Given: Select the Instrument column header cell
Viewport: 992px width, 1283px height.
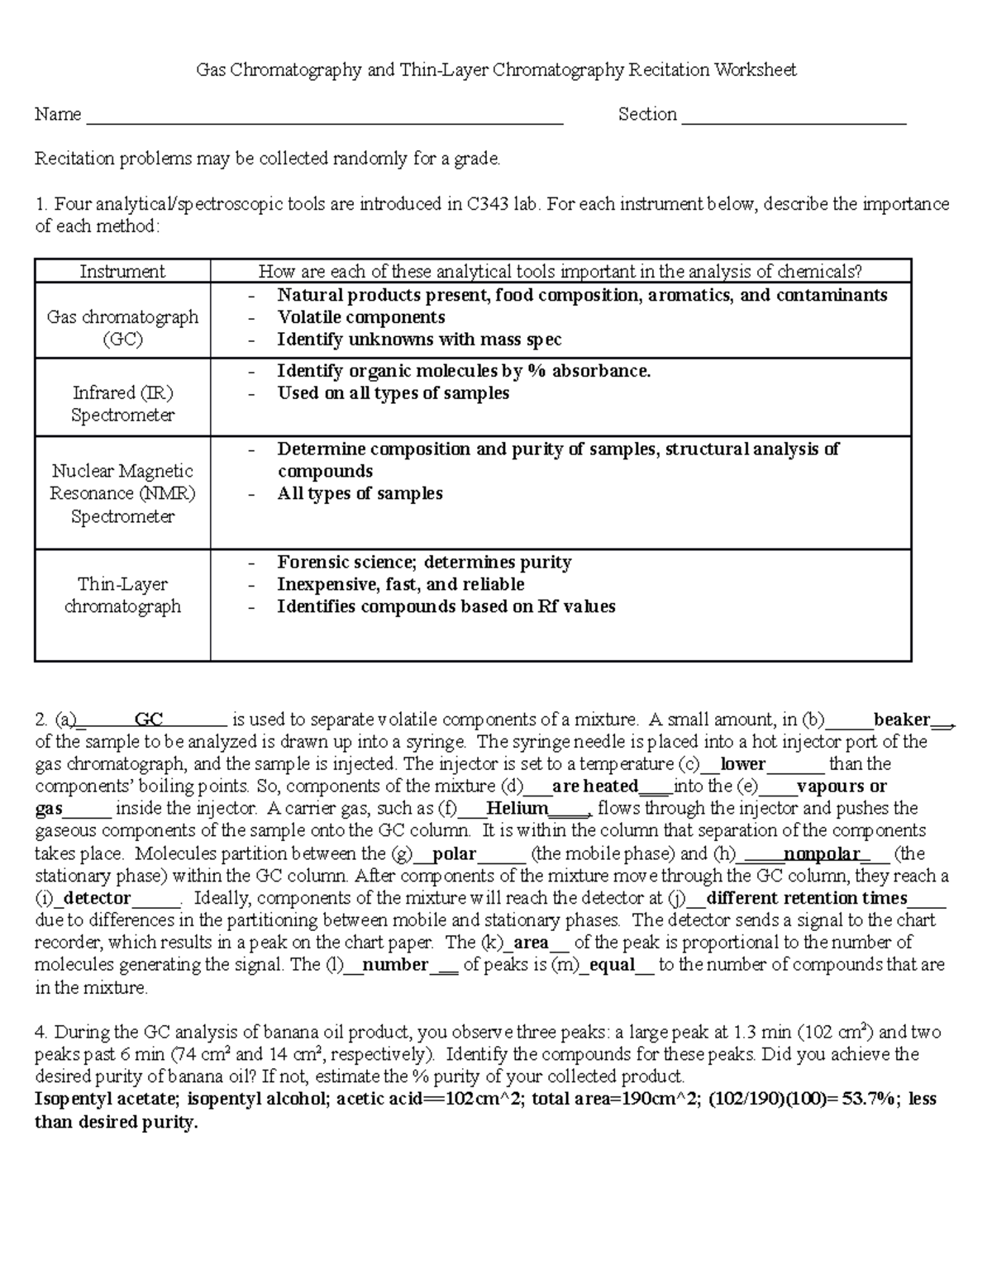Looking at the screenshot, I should [x=122, y=272].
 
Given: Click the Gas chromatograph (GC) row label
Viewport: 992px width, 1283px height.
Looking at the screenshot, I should [x=122, y=328].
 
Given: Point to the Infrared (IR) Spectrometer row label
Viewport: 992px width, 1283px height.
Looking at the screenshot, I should [x=122, y=404].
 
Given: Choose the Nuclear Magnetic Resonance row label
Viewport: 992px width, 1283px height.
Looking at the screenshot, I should [x=122, y=493].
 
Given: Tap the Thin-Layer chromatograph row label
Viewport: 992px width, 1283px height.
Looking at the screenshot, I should [x=122, y=595].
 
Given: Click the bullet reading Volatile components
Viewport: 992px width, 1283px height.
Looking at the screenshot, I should [x=361, y=317].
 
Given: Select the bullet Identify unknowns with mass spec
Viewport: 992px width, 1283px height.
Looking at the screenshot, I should [x=419, y=340].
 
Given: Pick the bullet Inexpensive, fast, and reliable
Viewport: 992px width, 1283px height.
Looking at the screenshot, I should [x=401, y=584].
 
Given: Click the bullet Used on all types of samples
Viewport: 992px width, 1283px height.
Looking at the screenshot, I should [x=393, y=393].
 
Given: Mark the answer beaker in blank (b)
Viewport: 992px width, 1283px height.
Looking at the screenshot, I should [x=902, y=719].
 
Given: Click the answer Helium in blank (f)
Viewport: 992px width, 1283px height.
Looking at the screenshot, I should [x=517, y=808].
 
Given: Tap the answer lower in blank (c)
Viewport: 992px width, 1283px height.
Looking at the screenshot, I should [x=743, y=763].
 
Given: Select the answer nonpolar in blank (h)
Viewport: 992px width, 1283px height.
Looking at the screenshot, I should [x=822, y=853].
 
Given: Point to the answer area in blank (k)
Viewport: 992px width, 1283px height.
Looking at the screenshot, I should [x=532, y=943].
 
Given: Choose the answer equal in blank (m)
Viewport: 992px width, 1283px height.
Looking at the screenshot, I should [x=613, y=965].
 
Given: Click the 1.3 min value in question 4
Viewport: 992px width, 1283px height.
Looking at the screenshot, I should [x=762, y=1032].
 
